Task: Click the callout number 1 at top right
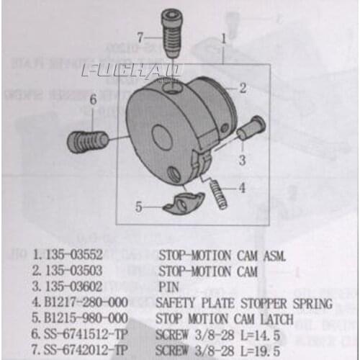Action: [x=225, y=34]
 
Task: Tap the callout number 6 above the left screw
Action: [x=92, y=101]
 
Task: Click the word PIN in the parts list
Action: [x=168, y=287]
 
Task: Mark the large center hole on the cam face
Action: [x=163, y=138]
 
